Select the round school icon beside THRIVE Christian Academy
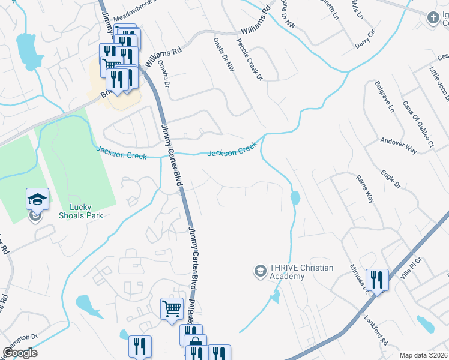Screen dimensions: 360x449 pyautogui.click(x=260, y=272)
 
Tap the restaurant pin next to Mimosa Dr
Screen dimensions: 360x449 pyautogui.click(x=377, y=280)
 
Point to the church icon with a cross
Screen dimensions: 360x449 pyautogui.click(x=431, y=18)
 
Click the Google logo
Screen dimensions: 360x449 pyautogui.click(x=20, y=353)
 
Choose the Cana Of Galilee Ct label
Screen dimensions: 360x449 pyautogui.click(x=418, y=122)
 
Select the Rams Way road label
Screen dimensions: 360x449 pyautogui.click(x=365, y=189)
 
